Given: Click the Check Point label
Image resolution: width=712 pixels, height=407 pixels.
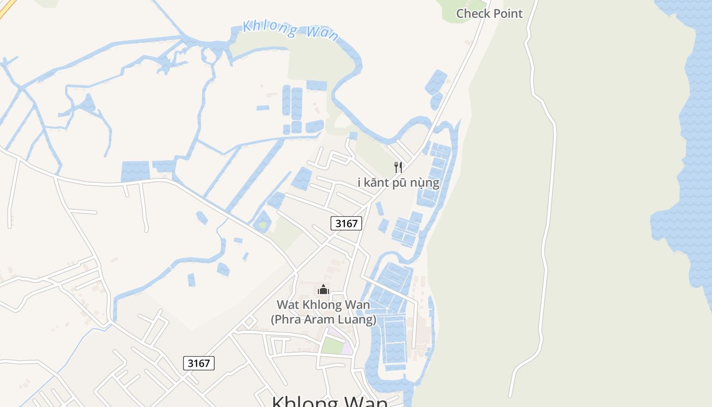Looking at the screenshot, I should click(x=489, y=14).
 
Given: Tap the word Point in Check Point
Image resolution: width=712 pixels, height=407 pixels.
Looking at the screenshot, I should click(x=508, y=14).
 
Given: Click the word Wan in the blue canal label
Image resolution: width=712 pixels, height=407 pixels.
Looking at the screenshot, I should click(x=322, y=33).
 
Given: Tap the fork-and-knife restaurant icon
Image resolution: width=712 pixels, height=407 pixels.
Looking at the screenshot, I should click(x=398, y=167).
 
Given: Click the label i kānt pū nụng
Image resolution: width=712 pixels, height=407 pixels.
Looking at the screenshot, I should click(x=398, y=182).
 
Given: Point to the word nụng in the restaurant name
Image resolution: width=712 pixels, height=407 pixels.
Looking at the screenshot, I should click(x=424, y=183).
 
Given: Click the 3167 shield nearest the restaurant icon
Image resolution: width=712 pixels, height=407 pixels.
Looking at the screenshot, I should click(x=346, y=223).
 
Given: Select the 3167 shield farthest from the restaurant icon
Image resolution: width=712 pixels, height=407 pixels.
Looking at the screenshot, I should click(x=198, y=363).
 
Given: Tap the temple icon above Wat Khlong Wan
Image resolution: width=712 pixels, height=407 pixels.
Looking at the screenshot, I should click(x=323, y=289).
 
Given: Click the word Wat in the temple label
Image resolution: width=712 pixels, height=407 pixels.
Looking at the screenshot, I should click(x=286, y=305).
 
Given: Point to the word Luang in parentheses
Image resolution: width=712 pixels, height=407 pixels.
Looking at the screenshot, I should click(x=358, y=319).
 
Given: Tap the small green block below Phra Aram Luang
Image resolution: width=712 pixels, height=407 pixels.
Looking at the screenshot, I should click(x=333, y=346).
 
